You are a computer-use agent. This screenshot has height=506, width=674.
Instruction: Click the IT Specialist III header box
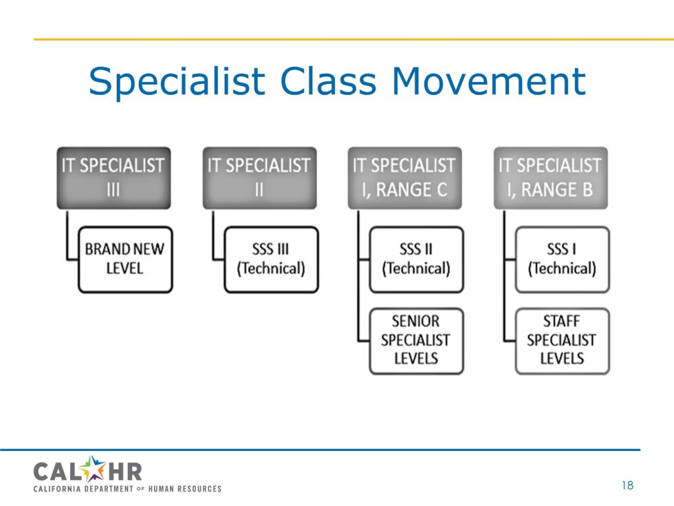pyautogui.click(x=114, y=178)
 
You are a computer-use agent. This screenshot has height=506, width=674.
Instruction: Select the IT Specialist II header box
pyautogui.click(x=260, y=178)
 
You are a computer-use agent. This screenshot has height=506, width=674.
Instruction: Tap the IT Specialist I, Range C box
pyautogui.click(x=405, y=178)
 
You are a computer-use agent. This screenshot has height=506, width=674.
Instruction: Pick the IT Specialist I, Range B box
pyautogui.click(x=551, y=178)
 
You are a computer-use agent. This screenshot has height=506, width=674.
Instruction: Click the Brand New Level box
pyautogui.click(x=125, y=260)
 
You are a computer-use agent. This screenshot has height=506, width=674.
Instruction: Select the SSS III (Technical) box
pyautogui.click(x=271, y=260)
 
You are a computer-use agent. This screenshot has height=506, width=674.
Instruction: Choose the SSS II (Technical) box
pyautogui.click(x=417, y=260)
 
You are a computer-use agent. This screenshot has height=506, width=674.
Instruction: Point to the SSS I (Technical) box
pyautogui.click(x=563, y=260)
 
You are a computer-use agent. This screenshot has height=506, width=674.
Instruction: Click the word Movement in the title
pyautogui.click(x=489, y=81)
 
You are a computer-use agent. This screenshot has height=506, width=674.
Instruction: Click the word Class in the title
pyautogui.click(x=329, y=81)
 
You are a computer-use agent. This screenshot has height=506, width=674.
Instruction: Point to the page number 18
pyautogui.click(x=627, y=485)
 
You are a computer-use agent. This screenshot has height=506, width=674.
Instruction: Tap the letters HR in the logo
pyautogui.click(x=124, y=472)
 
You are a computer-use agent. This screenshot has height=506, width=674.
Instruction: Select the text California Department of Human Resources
pyautogui.click(x=127, y=489)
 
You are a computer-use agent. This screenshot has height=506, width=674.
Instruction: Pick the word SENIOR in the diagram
pyautogui.click(x=415, y=321)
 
